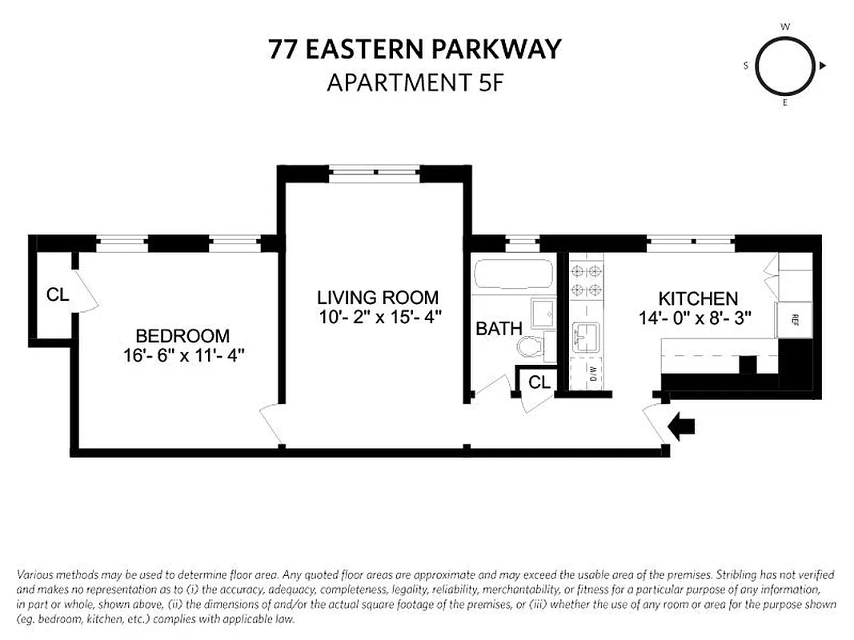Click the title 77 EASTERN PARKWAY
tap(415, 50)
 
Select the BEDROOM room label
tap(182, 336)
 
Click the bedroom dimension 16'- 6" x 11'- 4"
tap(183, 356)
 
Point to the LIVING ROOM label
tap(378, 298)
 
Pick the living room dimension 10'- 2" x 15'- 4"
tap(379, 317)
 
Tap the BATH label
tap(499, 328)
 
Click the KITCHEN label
tap(698, 298)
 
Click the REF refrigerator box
tap(795, 319)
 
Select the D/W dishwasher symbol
tap(593, 373)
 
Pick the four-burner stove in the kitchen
tap(585, 281)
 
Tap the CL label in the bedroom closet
tap(57, 294)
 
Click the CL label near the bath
tap(539, 382)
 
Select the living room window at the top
tap(375, 173)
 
